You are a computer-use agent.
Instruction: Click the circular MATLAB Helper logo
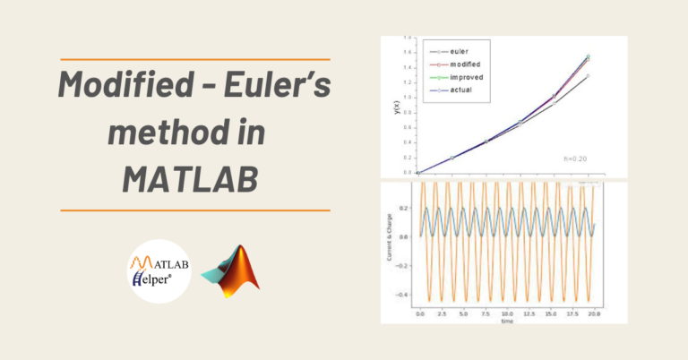(x=159, y=270)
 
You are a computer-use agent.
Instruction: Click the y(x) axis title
(x=396, y=108)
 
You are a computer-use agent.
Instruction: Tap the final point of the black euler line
(x=588, y=77)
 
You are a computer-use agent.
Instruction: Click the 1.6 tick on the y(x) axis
(x=407, y=52)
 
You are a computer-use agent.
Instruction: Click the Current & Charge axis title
(x=391, y=247)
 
